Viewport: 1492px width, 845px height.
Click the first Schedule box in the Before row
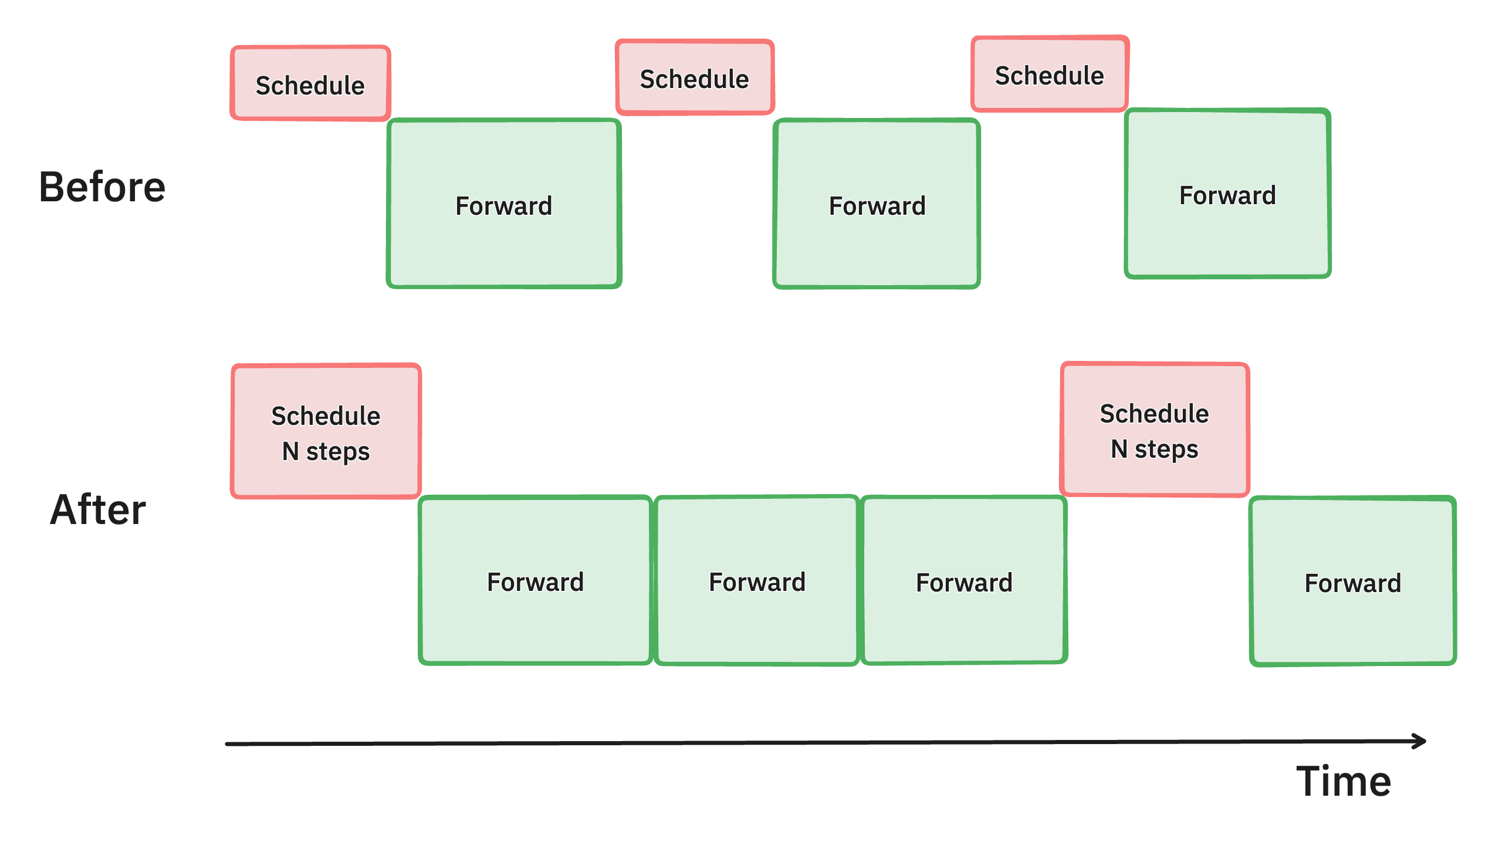point(310,83)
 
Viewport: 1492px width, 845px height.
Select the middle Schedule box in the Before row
point(695,77)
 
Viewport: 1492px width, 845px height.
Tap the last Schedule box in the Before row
point(1050,74)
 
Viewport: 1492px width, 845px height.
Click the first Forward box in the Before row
point(504,204)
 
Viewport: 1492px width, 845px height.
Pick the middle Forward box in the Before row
point(877,204)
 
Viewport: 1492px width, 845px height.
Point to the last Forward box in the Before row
point(1227,193)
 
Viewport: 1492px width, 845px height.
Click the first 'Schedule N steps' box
point(326,431)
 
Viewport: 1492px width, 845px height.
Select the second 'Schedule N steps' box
point(1154,430)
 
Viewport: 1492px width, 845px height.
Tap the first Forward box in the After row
point(535,580)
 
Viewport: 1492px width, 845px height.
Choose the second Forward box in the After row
point(757,580)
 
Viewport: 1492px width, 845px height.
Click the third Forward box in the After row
point(964,580)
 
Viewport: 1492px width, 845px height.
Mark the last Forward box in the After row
point(1352,581)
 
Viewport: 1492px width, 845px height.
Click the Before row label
point(103,187)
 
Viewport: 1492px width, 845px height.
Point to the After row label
point(98,509)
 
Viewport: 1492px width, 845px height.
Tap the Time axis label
point(1344,781)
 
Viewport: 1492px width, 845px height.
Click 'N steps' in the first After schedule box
point(326,452)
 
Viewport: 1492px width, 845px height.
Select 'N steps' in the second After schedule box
point(1154,449)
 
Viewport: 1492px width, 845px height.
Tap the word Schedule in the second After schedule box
point(1154,414)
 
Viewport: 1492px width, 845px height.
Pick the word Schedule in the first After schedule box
point(326,416)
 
